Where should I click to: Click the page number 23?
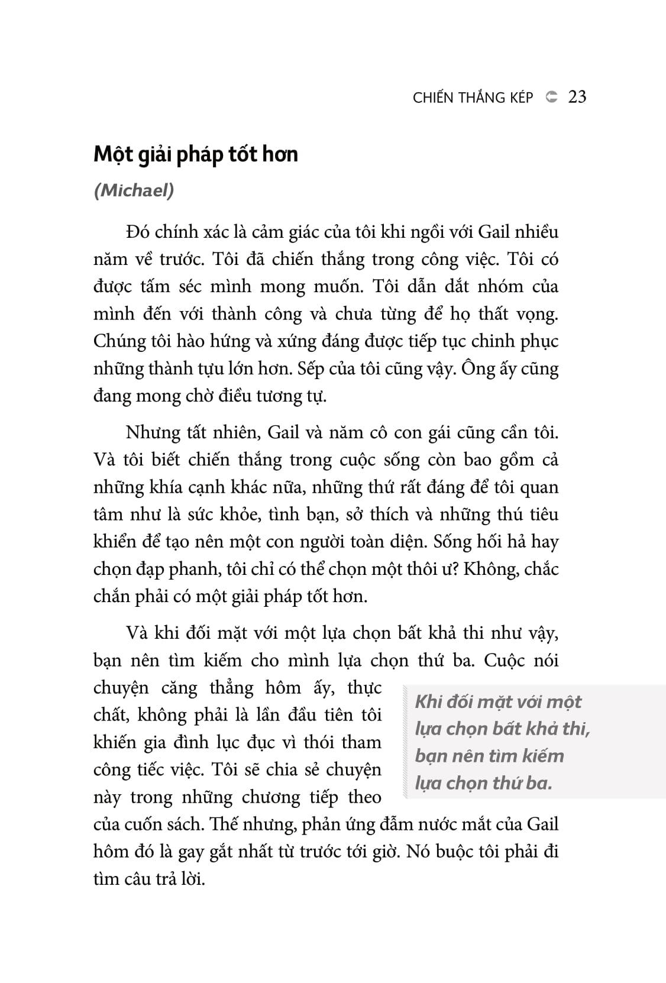click(x=577, y=97)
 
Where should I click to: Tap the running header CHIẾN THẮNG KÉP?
click(x=473, y=98)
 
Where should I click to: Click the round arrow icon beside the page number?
click(x=551, y=97)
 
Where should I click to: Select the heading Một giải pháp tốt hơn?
click(x=196, y=154)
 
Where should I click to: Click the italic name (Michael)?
click(x=134, y=192)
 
